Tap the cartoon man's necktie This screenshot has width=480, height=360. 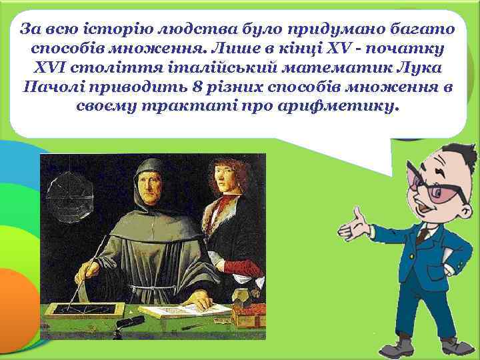click(422, 235)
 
